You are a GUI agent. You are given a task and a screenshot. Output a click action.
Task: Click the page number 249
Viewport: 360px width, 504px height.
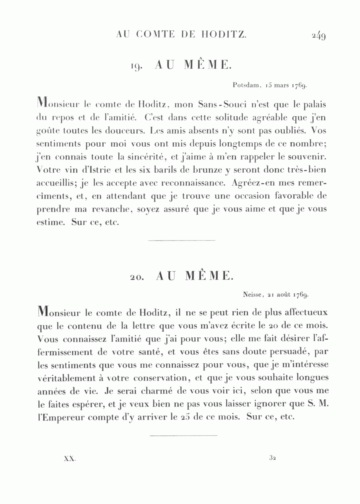click(318, 36)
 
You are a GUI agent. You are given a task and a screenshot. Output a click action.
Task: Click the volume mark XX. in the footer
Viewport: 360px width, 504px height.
click(70, 459)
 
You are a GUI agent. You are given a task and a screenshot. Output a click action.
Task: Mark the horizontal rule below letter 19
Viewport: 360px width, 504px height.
click(182, 241)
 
